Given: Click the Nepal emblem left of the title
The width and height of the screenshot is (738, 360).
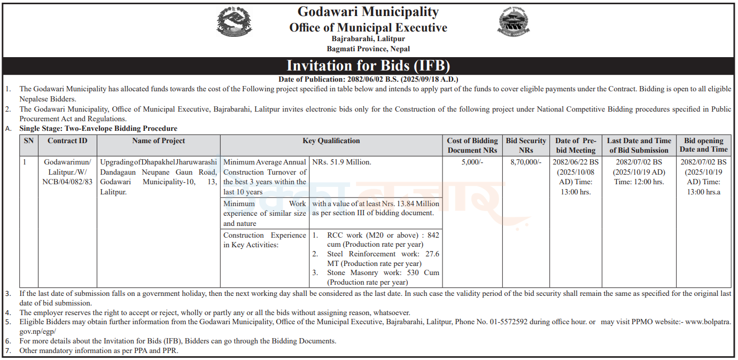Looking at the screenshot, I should pos(234,24).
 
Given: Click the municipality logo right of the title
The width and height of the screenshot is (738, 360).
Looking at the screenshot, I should pos(514,24).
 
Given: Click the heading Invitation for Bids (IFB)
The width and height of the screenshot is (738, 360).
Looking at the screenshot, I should pos(368,66).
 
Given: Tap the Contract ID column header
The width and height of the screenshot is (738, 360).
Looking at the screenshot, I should pos(67,141).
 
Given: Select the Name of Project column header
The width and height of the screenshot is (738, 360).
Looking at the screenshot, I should pos(159,141).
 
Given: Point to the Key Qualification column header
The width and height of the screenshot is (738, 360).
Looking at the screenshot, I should pos(331,141).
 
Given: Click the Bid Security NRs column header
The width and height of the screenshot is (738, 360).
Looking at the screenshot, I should pos(526,145).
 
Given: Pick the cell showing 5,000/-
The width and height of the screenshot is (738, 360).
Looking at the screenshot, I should pos(472,162).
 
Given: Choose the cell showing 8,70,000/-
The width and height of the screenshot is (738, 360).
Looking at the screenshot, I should pos(526,162).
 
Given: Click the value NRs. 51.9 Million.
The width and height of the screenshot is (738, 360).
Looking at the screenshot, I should pos(341,162).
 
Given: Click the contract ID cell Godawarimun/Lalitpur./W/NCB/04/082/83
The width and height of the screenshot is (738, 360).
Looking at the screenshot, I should pos(67,171).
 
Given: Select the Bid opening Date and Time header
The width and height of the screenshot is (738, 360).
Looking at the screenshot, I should pos(703,145).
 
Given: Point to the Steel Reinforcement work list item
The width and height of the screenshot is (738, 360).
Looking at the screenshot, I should pos(383,259).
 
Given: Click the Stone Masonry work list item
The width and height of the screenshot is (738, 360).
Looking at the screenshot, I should pos(383,277).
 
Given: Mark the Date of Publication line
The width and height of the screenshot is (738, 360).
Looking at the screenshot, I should pos(368,79).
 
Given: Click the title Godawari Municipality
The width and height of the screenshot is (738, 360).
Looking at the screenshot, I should pos(368,12).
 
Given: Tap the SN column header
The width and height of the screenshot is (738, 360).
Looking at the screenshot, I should pos(28,141).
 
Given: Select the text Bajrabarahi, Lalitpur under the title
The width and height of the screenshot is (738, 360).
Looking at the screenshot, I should pos(368,39).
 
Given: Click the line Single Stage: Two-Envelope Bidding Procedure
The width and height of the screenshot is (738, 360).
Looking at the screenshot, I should pos(98,129).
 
